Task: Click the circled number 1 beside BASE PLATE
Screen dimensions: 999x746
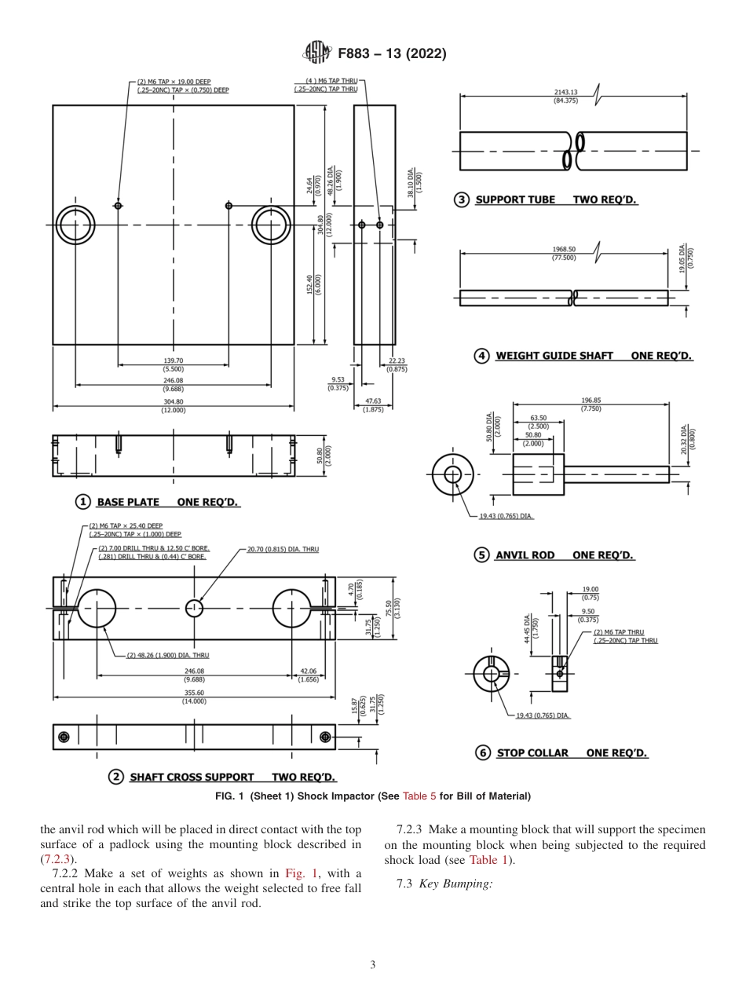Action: tap(82, 501)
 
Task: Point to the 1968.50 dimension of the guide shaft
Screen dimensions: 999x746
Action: tap(564, 250)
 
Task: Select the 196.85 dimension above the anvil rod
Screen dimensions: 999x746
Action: tap(591, 400)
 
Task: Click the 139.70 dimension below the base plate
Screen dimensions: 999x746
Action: tap(174, 360)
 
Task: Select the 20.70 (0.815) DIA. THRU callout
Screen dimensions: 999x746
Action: tap(283, 549)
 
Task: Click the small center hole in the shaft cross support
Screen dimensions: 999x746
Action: tap(194, 607)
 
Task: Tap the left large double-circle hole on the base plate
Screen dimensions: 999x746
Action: tap(75, 225)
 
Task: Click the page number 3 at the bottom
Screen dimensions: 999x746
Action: tap(373, 964)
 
